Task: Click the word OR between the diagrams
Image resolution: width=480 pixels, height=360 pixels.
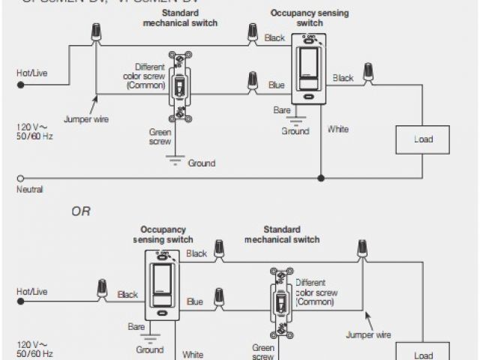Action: (81, 211)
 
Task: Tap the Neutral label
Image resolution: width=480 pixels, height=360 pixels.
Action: (29, 190)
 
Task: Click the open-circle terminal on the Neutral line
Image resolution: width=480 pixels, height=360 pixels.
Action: (19, 178)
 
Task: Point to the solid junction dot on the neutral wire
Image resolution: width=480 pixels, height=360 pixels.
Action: (321, 178)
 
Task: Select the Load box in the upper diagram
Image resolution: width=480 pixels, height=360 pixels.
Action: (423, 139)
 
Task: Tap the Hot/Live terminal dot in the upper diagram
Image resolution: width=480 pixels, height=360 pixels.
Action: (20, 85)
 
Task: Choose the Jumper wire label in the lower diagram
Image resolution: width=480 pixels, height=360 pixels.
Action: (367, 335)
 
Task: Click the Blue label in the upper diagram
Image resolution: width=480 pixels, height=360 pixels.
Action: (277, 85)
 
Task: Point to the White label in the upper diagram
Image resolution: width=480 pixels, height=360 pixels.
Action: (338, 129)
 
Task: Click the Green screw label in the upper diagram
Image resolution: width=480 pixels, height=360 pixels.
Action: (160, 136)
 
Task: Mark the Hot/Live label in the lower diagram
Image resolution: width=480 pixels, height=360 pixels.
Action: (31, 290)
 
